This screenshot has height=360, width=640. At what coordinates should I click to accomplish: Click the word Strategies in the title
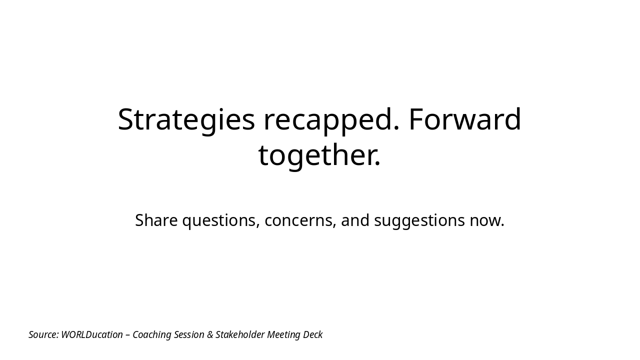186,120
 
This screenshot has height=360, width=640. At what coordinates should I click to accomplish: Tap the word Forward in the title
464,120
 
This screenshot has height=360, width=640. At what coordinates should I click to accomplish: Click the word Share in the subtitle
156,220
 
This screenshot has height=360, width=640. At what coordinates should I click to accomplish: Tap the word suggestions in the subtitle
419,220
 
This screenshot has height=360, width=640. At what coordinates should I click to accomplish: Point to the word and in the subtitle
355,220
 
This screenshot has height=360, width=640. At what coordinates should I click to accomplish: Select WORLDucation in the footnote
92,334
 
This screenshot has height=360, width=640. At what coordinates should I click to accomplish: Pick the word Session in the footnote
189,334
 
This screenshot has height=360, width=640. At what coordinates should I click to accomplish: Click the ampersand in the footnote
210,334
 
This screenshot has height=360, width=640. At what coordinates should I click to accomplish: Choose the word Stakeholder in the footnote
240,334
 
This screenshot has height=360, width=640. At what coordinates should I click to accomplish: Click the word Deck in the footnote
313,334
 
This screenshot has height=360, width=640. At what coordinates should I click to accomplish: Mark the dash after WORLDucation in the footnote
127,335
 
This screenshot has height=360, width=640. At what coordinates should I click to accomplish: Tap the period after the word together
378,164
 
